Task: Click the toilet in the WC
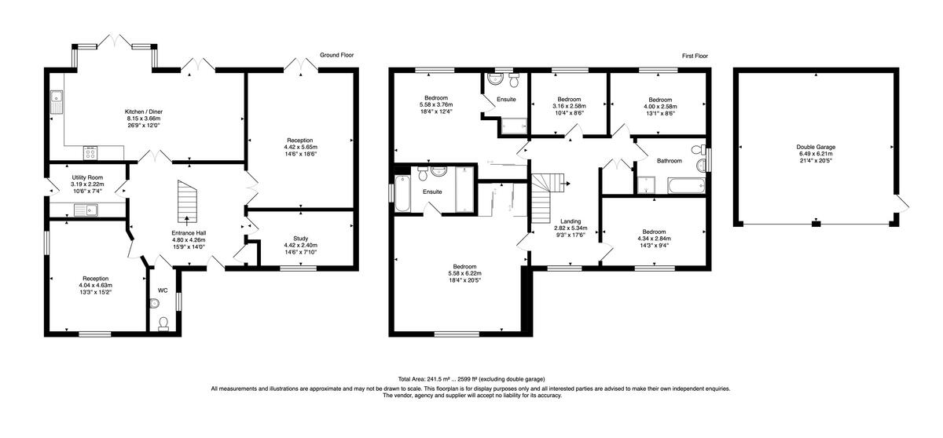[x=163, y=323]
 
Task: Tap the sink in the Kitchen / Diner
[x=57, y=101]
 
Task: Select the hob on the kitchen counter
[x=91, y=151]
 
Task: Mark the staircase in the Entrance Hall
[x=186, y=201]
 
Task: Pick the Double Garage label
[x=815, y=147]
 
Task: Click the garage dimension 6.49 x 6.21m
[x=815, y=154]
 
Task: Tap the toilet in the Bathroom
[x=696, y=150]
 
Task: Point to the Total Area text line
[x=472, y=378]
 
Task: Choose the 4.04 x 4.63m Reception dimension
[x=96, y=285]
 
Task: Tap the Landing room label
[x=571, y=221]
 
